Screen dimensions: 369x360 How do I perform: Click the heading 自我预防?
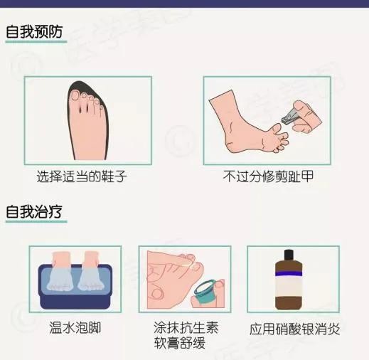pyautogui.click(x=34, y=31)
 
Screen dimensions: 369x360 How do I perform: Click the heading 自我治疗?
pyautogui.click(x=34, y=211)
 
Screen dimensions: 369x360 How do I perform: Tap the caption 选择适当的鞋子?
pyautogui.click(x=82, y=176)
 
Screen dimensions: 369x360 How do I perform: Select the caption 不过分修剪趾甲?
pyautogui.click(x=268, y=176)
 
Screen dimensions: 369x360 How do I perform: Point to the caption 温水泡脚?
pyautogui.click(x=75, y=327)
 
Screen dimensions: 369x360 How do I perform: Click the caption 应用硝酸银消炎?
pyautogui.click(x=294, y=329)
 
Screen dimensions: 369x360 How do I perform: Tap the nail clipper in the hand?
pyautogui.click(x=290, y=115)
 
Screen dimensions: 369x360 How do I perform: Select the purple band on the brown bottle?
pyautogui.click(x=289, y=274)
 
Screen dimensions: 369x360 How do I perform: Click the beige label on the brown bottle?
pyautogui.click(x=289, y=287)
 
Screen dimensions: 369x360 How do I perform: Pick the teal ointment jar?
pyautogui.click(x=205, y=292)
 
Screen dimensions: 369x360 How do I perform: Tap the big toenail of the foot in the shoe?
pyautogui.click(x=75, y=95)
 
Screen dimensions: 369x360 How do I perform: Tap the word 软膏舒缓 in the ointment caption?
pyautogui.click(x=180, y=343)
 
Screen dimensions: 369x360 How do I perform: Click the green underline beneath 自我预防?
pyautogui.click(x=36, y=42)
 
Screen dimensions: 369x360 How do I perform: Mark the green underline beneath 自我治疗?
pyautogui.click(x=36, y=222)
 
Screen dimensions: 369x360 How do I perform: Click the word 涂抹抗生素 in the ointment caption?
pyautogui.click(x=186, y=327)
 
